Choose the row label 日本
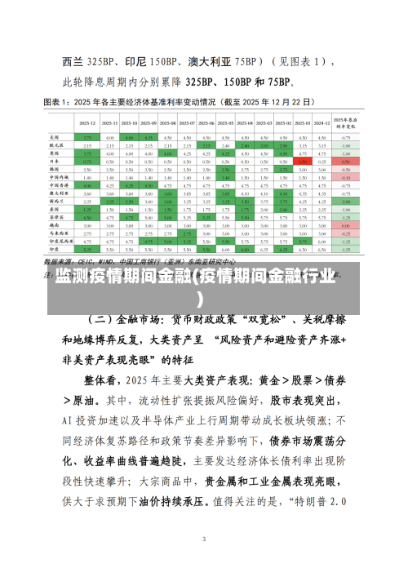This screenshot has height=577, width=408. click(55, 162)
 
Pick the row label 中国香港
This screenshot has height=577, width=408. click(57, 185)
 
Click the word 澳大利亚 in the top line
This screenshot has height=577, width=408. click(209, 61)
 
